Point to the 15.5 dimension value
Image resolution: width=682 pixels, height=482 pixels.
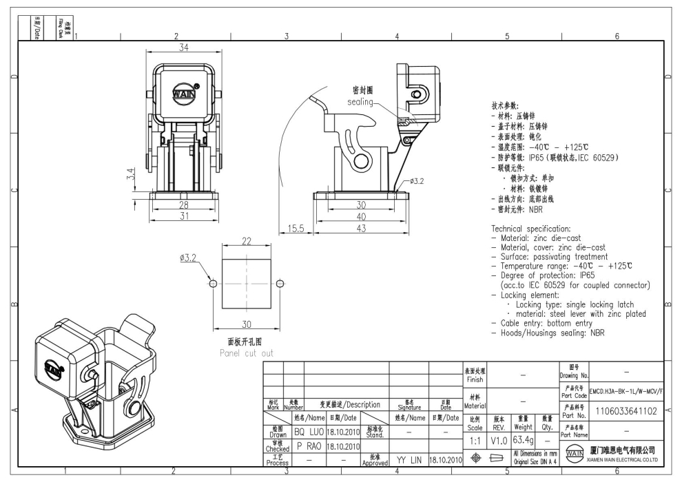pyautogui.click(x=296, y=229)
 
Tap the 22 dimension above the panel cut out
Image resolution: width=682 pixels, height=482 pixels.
pyautogui.click(x=246, y=241)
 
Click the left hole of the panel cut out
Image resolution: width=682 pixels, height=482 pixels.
pyautogui.click(x=213, y=284)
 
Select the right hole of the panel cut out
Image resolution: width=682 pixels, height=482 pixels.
pyautogui.click(x=279, y=284)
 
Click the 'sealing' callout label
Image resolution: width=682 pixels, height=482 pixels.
pyautogui.click(x=359, y=102)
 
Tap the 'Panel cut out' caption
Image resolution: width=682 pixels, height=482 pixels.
pyautogui.click(x=241, y=353)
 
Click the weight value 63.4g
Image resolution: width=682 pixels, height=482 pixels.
pyautogui.click(x=521, y=438)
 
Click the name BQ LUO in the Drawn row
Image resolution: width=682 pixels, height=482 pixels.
pyautogui.click(x=309, y=432)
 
